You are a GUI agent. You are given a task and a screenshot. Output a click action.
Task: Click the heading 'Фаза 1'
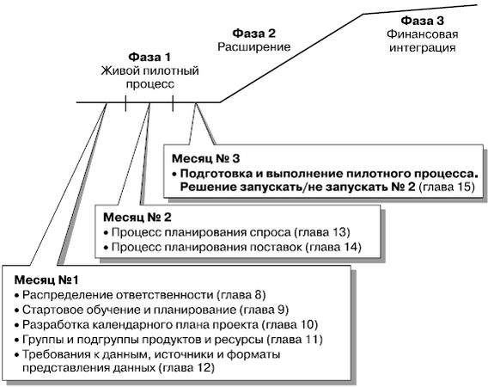click(149, 57)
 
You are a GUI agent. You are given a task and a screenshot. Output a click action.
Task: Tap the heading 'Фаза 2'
click(254, 34)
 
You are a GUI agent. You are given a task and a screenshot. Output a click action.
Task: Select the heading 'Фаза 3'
click(422, 21)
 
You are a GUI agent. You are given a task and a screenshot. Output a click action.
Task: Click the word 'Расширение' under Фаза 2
click(254, 47)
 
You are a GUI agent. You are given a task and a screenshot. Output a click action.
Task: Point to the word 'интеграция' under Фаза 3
click(423, 48)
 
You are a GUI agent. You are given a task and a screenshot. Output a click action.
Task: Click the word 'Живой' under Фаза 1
click(119, 71)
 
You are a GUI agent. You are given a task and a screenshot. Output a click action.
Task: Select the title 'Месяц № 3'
click(205, 158)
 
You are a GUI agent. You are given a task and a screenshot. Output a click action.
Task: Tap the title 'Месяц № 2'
click(137, 218)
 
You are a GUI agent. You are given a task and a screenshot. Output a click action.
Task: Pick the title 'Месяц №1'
click(46, 279)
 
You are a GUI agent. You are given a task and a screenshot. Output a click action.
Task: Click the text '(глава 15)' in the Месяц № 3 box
click(448, 187)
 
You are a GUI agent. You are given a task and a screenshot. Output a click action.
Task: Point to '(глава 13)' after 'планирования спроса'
click(322, 232)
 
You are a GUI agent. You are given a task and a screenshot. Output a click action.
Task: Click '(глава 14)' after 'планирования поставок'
click(333, 247)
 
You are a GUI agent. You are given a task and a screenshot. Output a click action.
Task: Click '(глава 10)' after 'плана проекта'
click(290, 325)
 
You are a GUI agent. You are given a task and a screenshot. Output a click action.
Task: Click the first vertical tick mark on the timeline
click(125, 103)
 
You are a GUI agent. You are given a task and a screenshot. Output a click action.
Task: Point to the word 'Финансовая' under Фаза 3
click(423, 34)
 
